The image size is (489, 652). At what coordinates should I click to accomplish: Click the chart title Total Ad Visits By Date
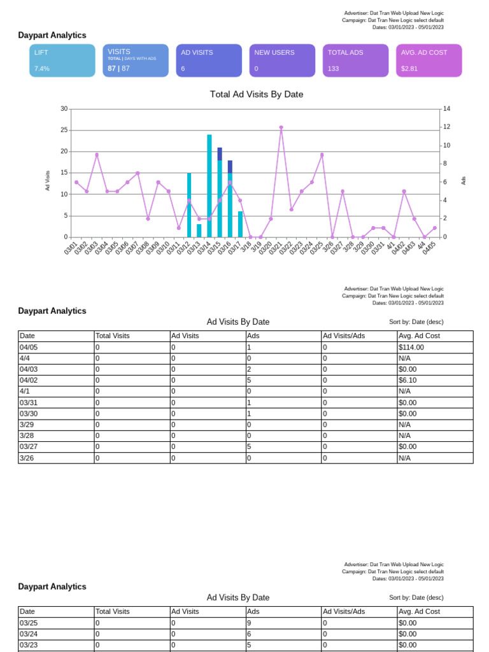pyautogui.click(x=257, y=94)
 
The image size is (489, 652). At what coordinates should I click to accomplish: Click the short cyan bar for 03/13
pyautogui.click(x=199, y=230)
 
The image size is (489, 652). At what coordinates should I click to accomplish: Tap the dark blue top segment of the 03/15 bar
pyautogui.click(x=220, y=153)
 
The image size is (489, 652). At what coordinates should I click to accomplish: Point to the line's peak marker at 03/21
pyautogui.click(x=281, y=127)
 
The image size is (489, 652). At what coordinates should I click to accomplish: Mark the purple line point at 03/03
pyautogui.click(x=97, y=155)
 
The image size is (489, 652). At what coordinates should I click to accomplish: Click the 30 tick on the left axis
pyautogui.click(x=64, y=109)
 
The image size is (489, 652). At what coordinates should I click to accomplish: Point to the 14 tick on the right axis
pyautogui.click(x=446, y=109)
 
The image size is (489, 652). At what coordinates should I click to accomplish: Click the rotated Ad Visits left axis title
pyautogui.click(x=47, y=181)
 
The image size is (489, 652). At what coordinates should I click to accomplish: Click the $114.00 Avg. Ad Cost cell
pyautogui.click(x=411, y=347)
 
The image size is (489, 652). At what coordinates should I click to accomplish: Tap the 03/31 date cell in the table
pyautogui.click(x=27, y=402)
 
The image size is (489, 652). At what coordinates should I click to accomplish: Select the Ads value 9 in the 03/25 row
pyautogui.click(x=249, y=623)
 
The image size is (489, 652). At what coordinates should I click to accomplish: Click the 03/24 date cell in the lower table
pyautogui.click(x=29, y=634)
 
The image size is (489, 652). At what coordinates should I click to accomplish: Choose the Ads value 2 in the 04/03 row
pyautogui.click(x=249, y=369)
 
